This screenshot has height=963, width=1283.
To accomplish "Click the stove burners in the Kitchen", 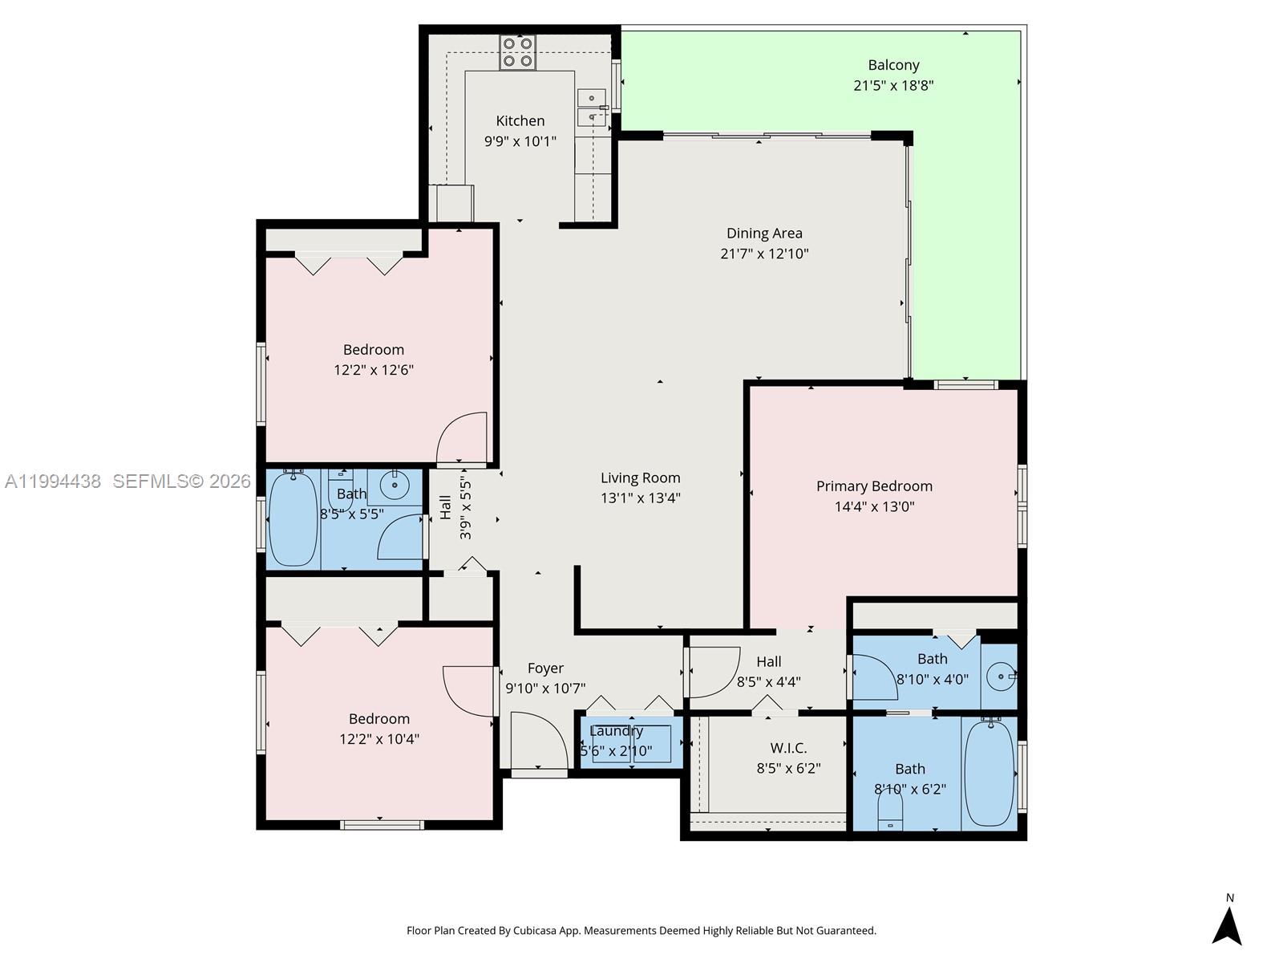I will [517, 52].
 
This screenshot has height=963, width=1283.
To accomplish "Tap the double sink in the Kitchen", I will [592, 108].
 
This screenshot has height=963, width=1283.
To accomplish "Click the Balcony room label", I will [893, 65].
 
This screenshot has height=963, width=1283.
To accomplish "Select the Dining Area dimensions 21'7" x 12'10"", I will [764, 254].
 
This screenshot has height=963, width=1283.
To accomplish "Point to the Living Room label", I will [640, 477].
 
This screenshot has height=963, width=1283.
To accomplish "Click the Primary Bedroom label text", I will [874, 486].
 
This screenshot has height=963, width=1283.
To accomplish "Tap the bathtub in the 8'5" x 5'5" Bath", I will [293, 519].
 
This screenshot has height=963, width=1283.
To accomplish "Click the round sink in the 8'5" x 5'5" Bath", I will [395, 485].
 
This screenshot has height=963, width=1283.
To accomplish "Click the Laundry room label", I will [616, 731].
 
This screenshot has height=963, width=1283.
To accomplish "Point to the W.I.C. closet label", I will [788, 748].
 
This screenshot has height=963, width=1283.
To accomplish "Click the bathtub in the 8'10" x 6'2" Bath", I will [989, 772].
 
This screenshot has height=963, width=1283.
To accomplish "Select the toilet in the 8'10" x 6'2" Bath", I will [890, 807].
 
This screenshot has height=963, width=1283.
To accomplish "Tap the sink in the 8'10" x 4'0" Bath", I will [1000, 677].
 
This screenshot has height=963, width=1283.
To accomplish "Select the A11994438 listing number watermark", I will [53, 481].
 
